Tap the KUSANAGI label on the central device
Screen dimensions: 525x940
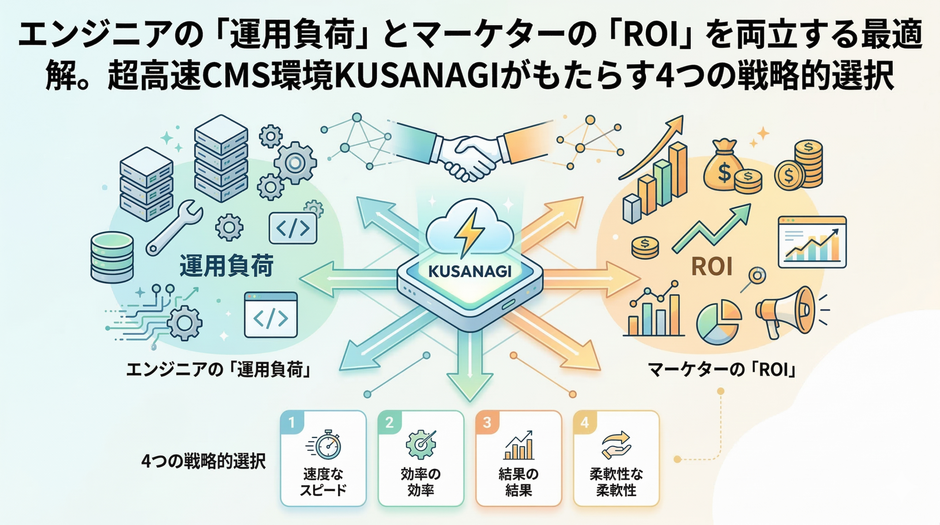tap(470, 272)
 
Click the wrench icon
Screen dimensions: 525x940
tap(174, 228)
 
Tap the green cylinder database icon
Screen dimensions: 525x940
tap(112, 257)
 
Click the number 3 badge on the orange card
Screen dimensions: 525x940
tap(487, 422)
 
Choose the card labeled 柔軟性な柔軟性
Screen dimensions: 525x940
tap(616, 459)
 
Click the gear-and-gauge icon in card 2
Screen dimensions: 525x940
tap(421, 445)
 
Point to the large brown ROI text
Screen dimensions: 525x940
tap(712, 266)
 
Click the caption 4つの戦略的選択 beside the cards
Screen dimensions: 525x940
tap(203, 461)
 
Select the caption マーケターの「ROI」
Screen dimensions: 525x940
tap(722, 370)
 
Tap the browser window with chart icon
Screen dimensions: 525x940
tap(812, 242)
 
